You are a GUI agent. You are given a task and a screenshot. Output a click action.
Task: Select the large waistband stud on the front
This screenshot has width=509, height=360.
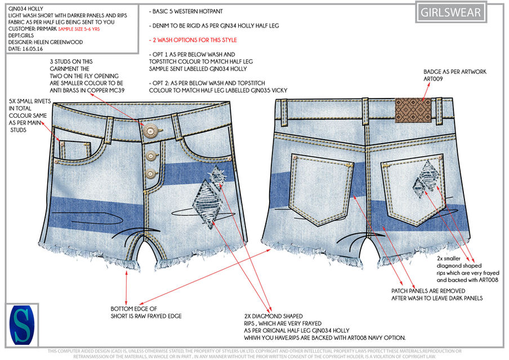point(150,131)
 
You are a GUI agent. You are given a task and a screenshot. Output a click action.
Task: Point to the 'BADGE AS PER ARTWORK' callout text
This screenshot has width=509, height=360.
point(454,72)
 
